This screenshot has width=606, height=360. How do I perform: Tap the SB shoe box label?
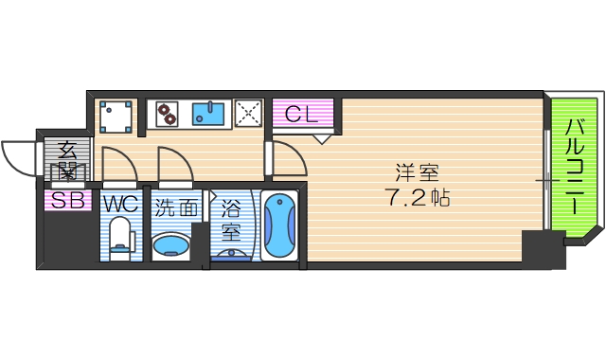click(x=66, y=200)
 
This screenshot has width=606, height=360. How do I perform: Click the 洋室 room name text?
click(x=417, y=173)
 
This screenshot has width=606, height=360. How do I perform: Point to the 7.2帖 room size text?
click(x=417, y=199)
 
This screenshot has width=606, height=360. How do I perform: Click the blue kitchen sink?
click(x=208, y=115)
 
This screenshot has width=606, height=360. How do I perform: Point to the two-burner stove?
click(x=168, y=114)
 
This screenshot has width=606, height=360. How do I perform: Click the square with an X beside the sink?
click(x=248, y=115)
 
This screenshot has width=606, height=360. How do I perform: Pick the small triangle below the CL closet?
click(x=323, y=139)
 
